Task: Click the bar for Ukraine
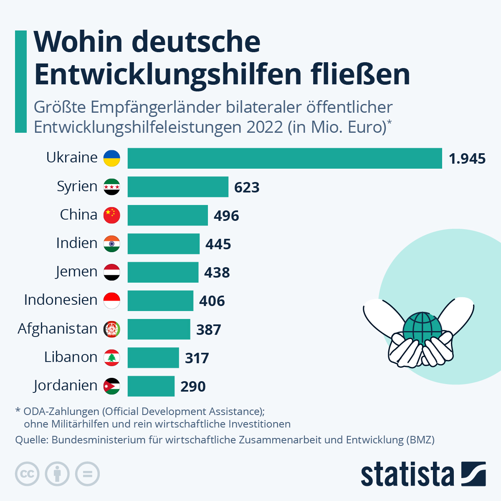coord(285,158)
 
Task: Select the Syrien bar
coord(178,187)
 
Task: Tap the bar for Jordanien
coord(151,386)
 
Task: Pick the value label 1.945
coord(467,159)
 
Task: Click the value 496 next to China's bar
coord(226,215)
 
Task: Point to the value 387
coord(208,329)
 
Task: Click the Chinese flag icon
coord(112,215)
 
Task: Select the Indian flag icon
coord(112,243)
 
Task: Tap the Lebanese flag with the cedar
coord(112,357)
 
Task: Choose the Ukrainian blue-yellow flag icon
coord(112,158)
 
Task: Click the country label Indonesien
coord(61,300)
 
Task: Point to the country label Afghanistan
coord(58,329)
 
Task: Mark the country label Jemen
coord(76,271)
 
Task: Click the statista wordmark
coord(407,474)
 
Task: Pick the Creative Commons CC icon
coord(27,474)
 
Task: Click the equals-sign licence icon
coord(87,474)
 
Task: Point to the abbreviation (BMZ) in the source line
coord(420,440)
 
